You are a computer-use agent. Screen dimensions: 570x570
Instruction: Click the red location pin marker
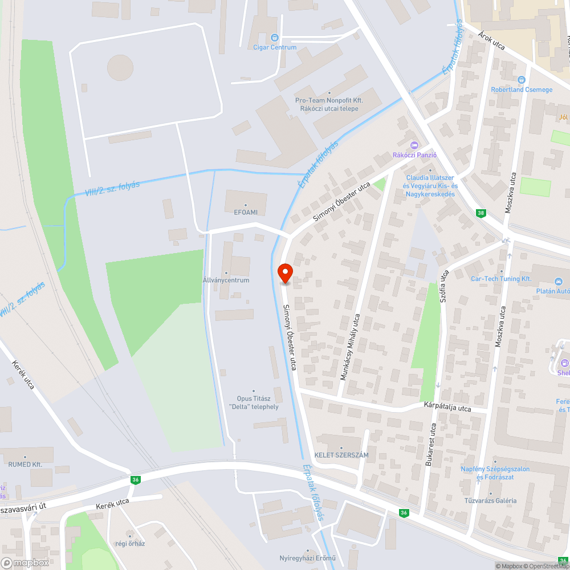[x=284, y=273]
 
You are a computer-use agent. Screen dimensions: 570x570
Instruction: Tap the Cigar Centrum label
[x=275, y=47]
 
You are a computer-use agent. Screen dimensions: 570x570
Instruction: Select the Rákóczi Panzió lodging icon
[x=414, y=145]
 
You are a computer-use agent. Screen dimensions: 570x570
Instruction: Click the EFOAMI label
[x=246, y=212]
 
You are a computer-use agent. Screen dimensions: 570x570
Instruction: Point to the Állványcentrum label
[x=226, y=280]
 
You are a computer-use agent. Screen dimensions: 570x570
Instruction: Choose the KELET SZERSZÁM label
[x=341, y=455]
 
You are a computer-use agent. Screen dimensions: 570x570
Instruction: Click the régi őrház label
[x=130, y=543]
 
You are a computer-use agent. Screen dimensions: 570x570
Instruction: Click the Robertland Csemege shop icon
[x=522, y=80]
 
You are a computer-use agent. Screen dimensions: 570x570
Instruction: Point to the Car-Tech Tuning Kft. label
[x=501, y=279]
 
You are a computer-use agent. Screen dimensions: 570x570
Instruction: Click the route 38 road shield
[x=482, y=213]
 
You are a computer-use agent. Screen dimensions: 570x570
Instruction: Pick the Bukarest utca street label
[x=431, y=445]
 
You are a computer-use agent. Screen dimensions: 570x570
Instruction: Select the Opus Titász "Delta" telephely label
[x=254, y=402]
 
